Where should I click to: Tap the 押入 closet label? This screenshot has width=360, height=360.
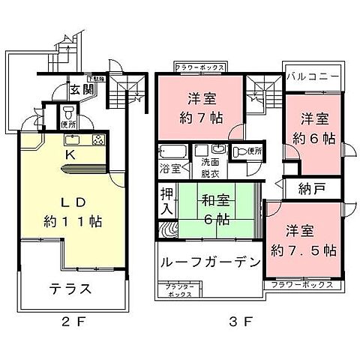click(x=168, y=202)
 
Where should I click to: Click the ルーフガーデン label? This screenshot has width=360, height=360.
click(x=209, y=263)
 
